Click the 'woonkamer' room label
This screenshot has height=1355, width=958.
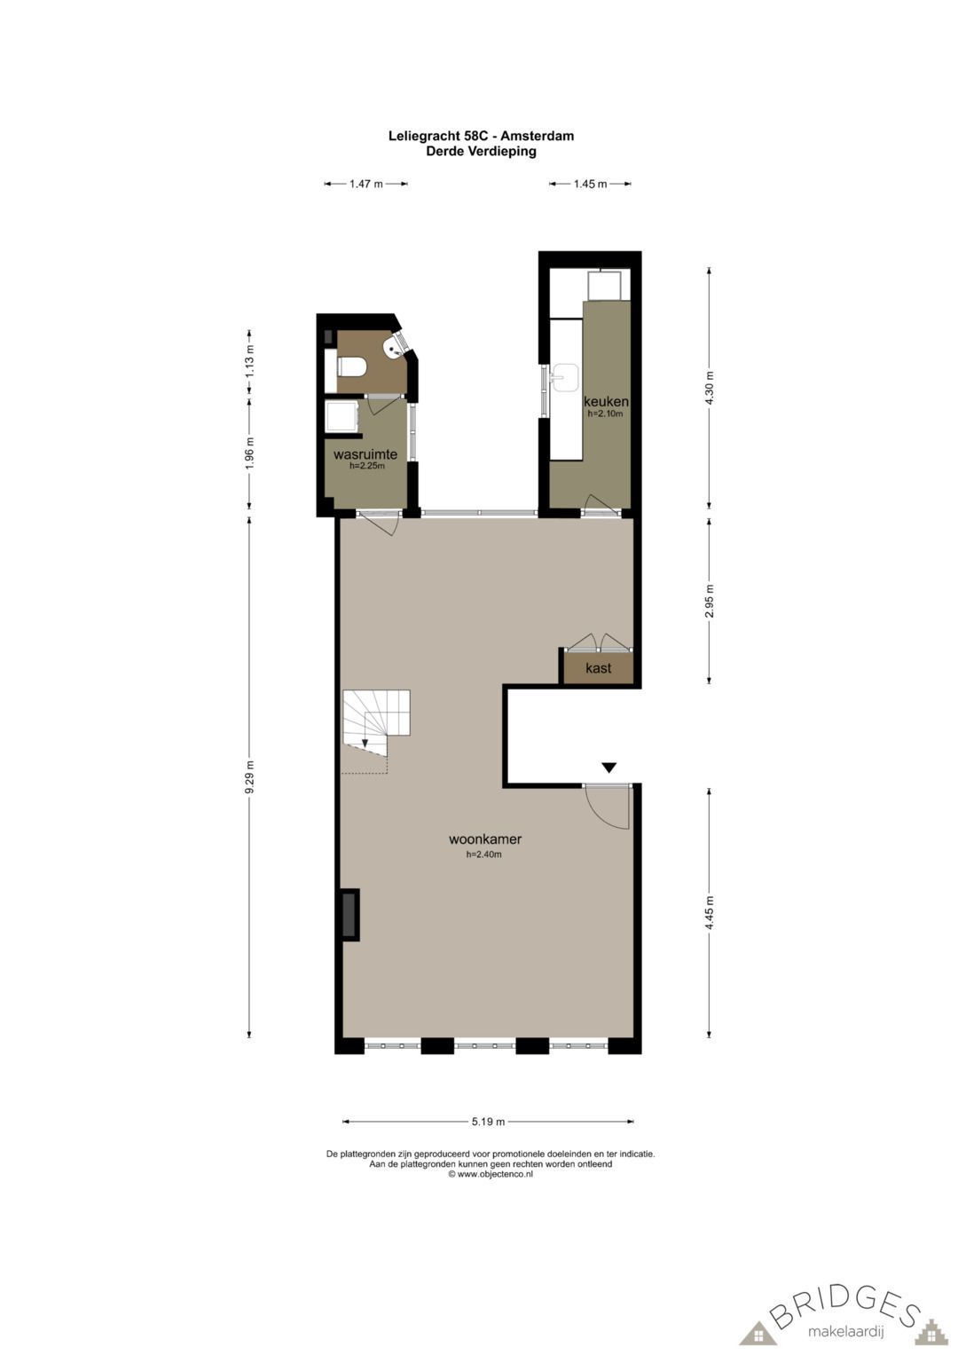484,839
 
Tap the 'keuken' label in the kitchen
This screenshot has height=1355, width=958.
606,402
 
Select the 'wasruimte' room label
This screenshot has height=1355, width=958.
365,454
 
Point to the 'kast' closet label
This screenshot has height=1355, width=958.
599,667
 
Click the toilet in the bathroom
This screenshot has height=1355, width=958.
351,366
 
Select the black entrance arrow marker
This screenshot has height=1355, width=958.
609,768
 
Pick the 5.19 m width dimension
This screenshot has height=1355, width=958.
488,1122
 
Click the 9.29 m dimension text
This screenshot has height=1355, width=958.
250,777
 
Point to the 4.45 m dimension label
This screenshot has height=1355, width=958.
709,912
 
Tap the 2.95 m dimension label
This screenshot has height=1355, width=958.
709,601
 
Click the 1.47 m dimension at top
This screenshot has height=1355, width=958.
365,184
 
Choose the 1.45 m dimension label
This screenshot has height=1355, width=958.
590,184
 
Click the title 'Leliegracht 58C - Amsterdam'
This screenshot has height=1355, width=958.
481,136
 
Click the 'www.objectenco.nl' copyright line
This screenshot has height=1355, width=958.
491,1173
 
